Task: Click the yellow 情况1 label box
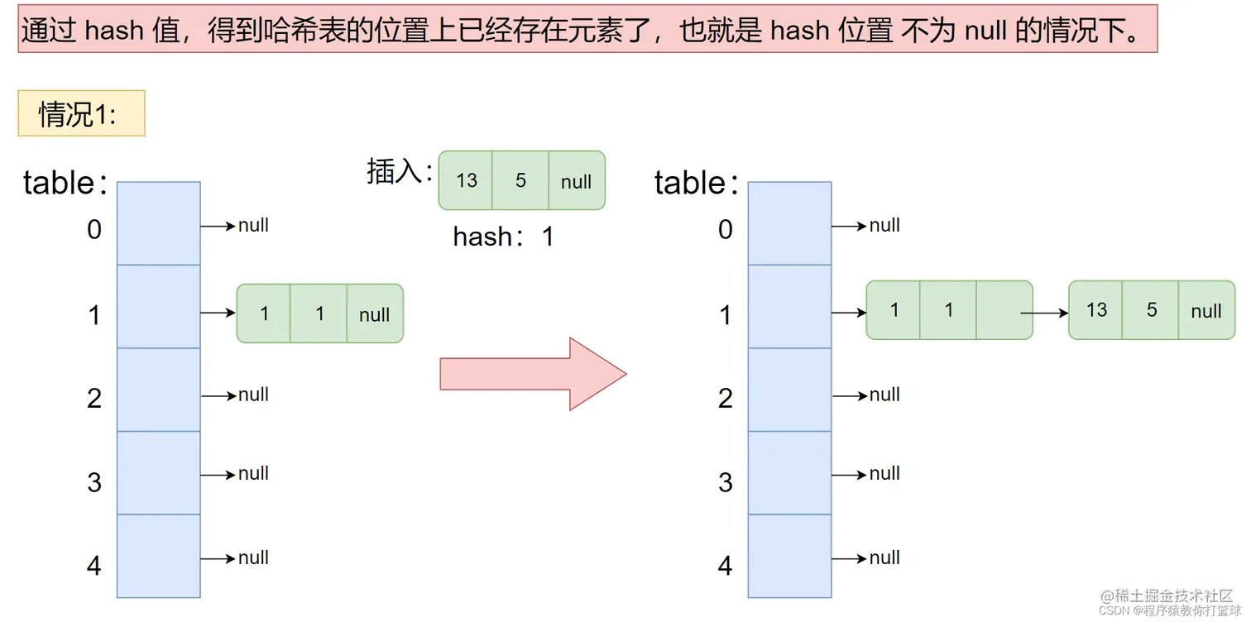(81, 113)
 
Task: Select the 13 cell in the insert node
(466, 180)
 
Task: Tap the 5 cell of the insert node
(520, 180)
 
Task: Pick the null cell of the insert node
(577, 181)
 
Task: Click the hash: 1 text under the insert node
(503, 237)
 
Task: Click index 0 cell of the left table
(158, 223)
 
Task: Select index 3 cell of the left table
(158, 473)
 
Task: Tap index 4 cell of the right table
(789, 556)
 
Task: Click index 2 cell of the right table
(789, 390)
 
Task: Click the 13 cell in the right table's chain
(1096, 310)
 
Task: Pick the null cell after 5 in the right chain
(1206, 311)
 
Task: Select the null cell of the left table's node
(375, 314)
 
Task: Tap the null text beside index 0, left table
(253, 226)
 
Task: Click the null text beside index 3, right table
(884, 474)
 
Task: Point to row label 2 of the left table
(94, 398)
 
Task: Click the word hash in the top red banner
(114, 31)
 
